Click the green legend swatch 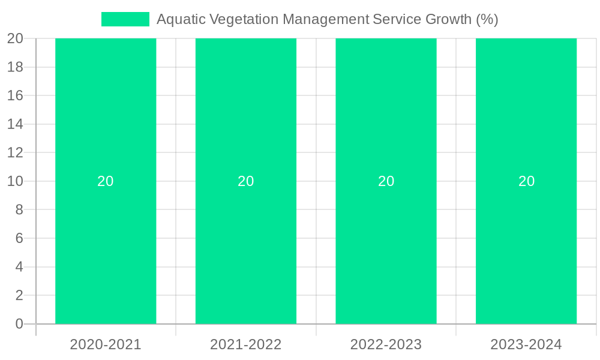click(x=125, y=19)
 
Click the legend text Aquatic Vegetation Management click(x=327, y=19)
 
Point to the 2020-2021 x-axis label click(x=106, y=344)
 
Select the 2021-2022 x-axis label click(x=246, y=344)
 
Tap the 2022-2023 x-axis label click(x=386, y=344)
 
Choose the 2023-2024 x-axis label click(x=526, y=344)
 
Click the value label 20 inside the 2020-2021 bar click(x=106, y=181)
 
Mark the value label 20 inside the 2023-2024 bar click(x=526, y=181)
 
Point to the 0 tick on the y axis click(x=19, y=324)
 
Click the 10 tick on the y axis click(x=15, y=181)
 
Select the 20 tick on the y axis click(x=15, y=38)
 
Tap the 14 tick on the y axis click(x=15, y=124)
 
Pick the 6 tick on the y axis click(x=19, y=238)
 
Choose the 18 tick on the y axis click(x=15, y=67)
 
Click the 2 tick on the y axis click(x=19, y=295)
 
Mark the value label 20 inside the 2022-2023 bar click(x=386, y=181)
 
